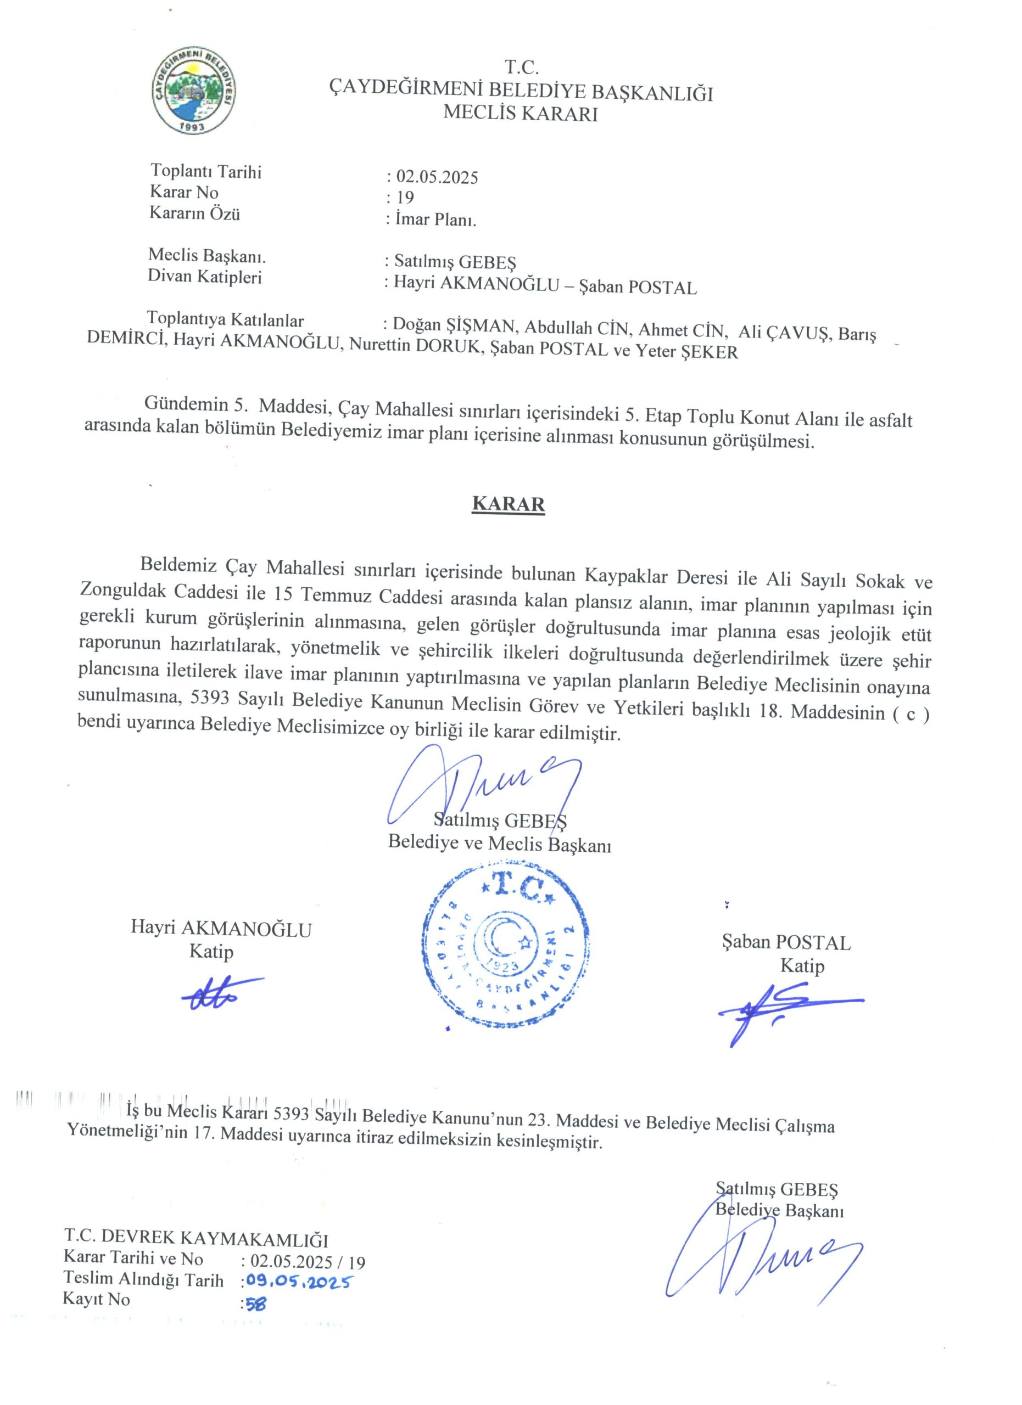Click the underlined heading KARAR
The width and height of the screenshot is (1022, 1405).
point(508,503)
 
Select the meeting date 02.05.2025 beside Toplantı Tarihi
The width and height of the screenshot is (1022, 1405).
point(437,177)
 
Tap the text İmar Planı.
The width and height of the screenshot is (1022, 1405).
point(435,220)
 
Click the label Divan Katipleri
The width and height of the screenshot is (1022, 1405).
point(204,276)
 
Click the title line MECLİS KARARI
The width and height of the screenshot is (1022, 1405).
point(521,114)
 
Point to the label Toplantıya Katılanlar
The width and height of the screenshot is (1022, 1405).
point(226,319)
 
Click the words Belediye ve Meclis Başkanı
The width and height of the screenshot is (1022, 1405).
point(500,844)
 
